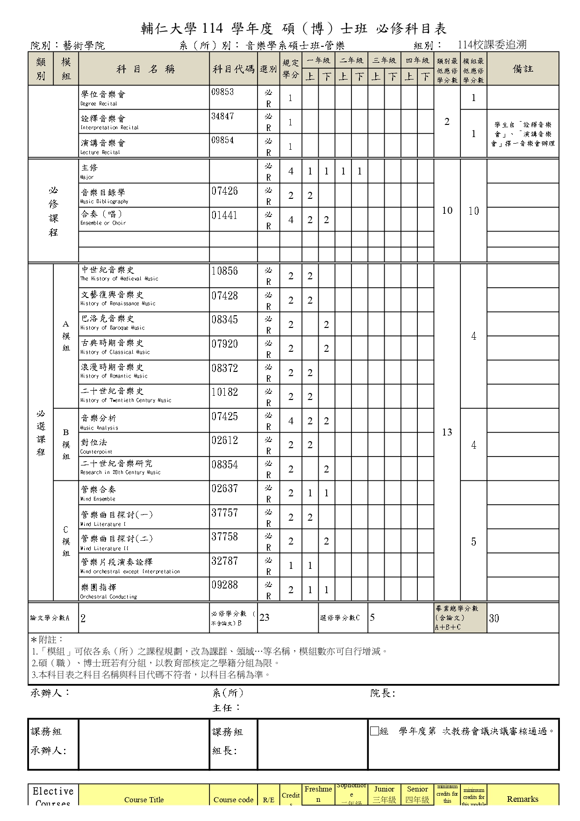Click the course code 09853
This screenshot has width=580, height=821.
tap(222, 92)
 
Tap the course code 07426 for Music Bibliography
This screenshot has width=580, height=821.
tap(224, 191)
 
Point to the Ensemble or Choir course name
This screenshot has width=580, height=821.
tap(103, 218)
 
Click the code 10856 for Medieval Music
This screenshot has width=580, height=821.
tap(224, 271)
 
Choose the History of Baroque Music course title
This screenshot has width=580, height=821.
tap(112, 323)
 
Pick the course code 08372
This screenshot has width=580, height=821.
tap(224, 368)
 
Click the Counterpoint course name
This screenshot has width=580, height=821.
tap(96, 446)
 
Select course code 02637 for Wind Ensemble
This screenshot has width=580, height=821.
tap(224, 488)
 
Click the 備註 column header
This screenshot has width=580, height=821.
tap(523, 69)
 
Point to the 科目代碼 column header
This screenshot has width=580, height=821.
tap(233, 69)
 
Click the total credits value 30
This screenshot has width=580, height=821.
tap(494, 618)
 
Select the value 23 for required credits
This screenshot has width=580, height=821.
tap(265, 618)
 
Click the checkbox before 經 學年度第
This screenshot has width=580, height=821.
tap(374, 731)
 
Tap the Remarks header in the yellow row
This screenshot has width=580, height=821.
tap(523, 799)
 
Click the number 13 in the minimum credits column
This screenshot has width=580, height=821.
tap(447, 432)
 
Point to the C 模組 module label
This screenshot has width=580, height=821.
tap(66, 541)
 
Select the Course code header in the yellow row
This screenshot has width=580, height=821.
tap(233, 799)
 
